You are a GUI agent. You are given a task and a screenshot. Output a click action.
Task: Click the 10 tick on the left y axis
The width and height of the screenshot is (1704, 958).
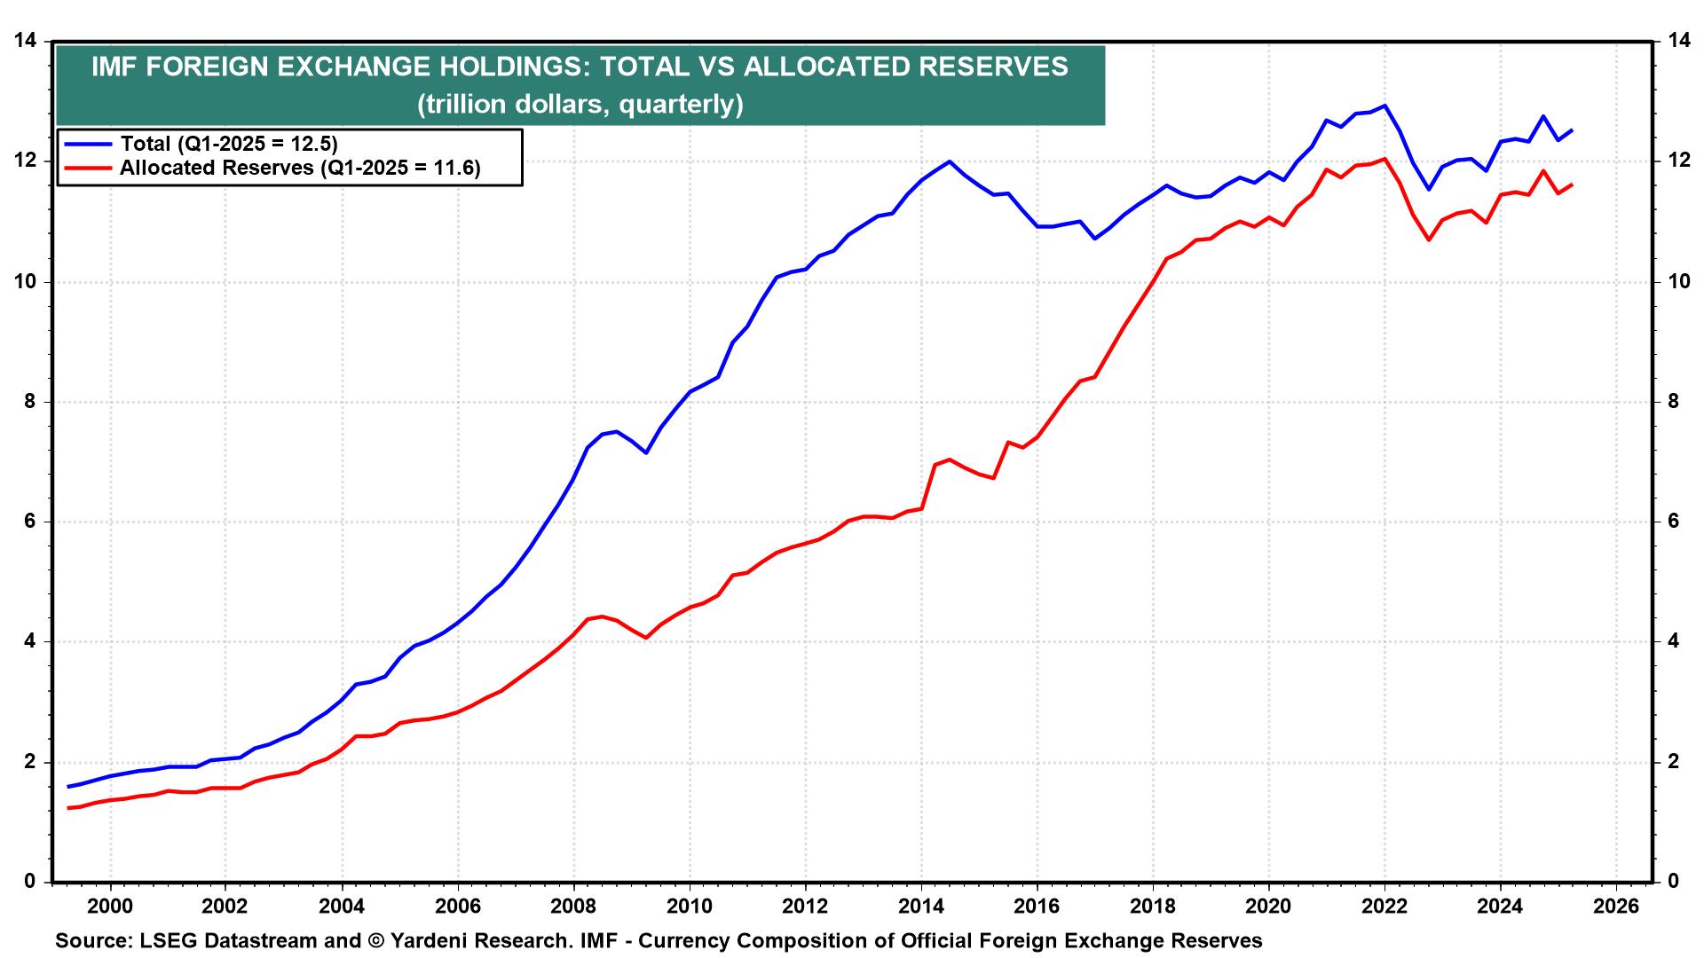[x=25, y=282]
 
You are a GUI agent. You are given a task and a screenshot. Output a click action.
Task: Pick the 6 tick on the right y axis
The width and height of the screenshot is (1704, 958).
[x=1672, y=522]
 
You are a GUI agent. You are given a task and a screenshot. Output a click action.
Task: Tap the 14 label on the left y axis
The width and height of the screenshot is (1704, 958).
[x=25, y=41]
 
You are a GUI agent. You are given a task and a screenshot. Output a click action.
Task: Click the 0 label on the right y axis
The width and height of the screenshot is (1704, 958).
[x=1672, y=882]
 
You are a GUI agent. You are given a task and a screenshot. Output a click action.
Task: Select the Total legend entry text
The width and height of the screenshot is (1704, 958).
[x=229, y=144]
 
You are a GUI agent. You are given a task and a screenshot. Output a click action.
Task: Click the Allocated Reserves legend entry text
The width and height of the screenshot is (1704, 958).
[x=300, y=169]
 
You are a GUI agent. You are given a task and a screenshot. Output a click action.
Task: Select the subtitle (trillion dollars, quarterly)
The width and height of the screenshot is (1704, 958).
[x=580, y=105]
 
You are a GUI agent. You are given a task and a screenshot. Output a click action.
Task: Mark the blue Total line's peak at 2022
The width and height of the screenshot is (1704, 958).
[x=1384, y=106]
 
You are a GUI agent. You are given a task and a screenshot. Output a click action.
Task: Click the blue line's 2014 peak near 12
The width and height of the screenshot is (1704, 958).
[x=950, y=161]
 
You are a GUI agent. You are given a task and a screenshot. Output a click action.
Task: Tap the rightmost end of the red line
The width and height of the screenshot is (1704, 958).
[x=1573, y=185]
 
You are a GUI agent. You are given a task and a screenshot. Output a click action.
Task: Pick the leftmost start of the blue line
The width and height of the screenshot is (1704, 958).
[x=68, y=787]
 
